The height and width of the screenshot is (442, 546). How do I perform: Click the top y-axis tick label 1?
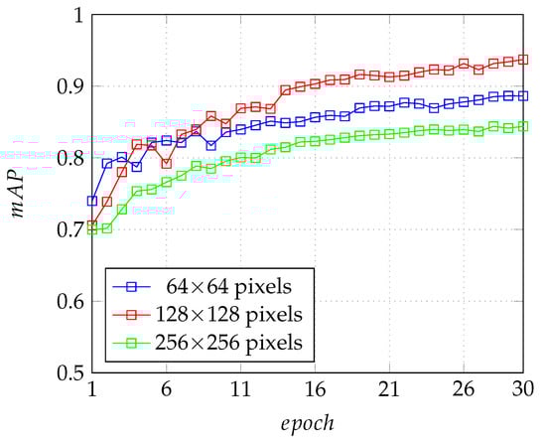click(x=75, y=15)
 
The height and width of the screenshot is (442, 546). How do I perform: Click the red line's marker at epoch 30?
click(x=523, y=60)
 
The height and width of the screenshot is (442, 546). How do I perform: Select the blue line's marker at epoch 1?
click(x=92, y=201)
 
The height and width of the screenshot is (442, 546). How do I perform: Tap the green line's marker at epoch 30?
click(x=523, y=126)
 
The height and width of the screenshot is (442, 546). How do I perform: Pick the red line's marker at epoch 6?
click(x=166, y=163)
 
